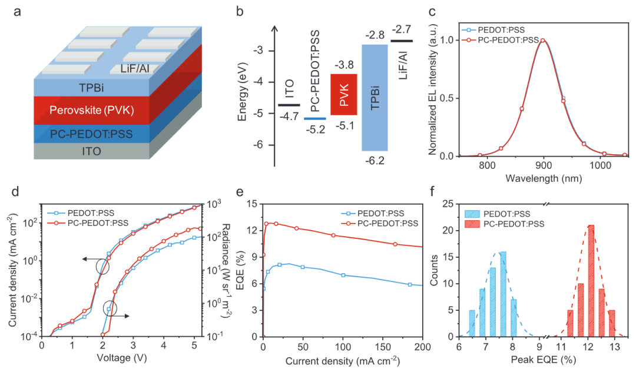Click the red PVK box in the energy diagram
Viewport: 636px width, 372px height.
(x=344, y=94)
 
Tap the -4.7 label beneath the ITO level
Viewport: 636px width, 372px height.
(x=289, y=117)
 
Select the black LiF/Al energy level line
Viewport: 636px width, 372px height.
(x=402, y=41)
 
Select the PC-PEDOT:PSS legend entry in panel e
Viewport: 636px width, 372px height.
(x=379, y=223)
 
